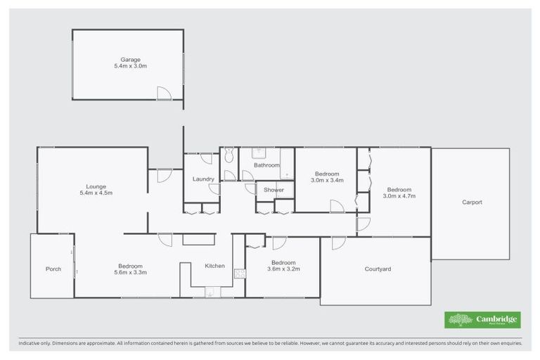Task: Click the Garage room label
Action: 128,59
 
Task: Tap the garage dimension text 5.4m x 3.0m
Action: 128,66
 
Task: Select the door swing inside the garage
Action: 164,93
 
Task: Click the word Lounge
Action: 96,186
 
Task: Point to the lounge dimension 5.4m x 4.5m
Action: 96,193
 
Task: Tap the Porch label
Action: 53,269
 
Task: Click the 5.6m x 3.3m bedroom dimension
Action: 131,272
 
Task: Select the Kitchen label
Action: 214,266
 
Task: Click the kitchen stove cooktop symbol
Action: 239,274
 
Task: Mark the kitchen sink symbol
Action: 209,292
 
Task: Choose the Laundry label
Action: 203,179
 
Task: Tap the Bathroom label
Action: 266,165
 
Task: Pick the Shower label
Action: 274,190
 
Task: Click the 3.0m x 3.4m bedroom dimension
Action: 328,180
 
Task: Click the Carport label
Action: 472,202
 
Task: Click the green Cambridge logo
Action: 482,320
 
